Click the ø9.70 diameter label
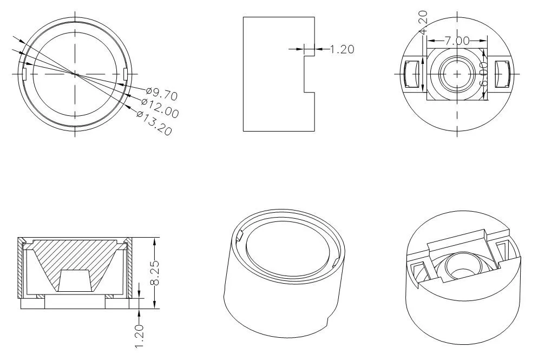(x=162, y=94)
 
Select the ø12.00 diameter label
(x=160, y=107)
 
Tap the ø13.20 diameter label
(x=154, y=123)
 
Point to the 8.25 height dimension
(x=155, y=273)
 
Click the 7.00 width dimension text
(x=457, y=41)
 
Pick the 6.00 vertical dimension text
(x=483, y=74)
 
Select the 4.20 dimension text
(x=423, y=22)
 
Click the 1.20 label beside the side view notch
(x=342, y=49)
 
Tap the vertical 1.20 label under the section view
(x=139, y=336)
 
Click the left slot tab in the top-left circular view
(x=24, y=74)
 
